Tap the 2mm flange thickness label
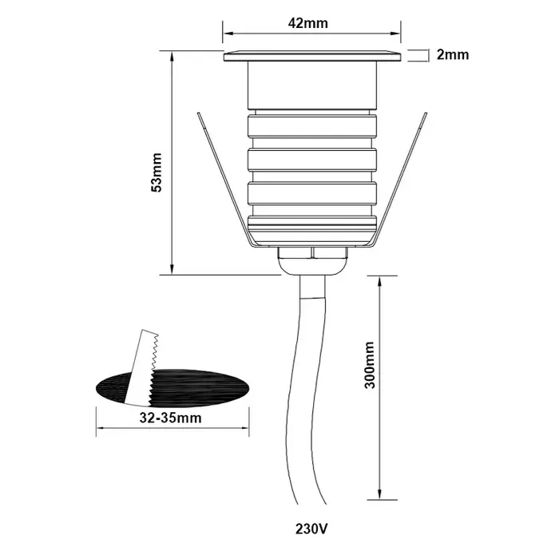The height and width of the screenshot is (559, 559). (x=452, y=55)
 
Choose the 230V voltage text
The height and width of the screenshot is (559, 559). (x=311, y=529)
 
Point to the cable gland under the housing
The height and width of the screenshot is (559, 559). (x=311, y=257)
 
